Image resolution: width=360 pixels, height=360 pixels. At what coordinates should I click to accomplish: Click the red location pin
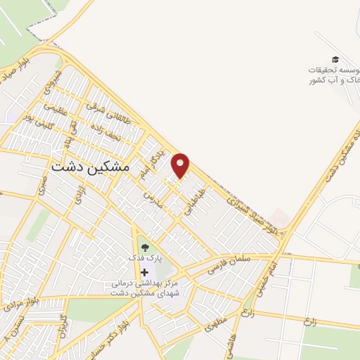pos(181,165)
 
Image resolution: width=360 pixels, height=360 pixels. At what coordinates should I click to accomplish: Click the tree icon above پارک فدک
pos(145,247)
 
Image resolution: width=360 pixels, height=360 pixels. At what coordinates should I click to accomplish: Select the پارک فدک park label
pos(145,258)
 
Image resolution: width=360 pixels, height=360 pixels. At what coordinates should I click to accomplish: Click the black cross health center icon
pos(145,272)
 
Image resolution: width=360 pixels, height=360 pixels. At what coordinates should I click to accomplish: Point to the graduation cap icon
pos(335,60)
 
